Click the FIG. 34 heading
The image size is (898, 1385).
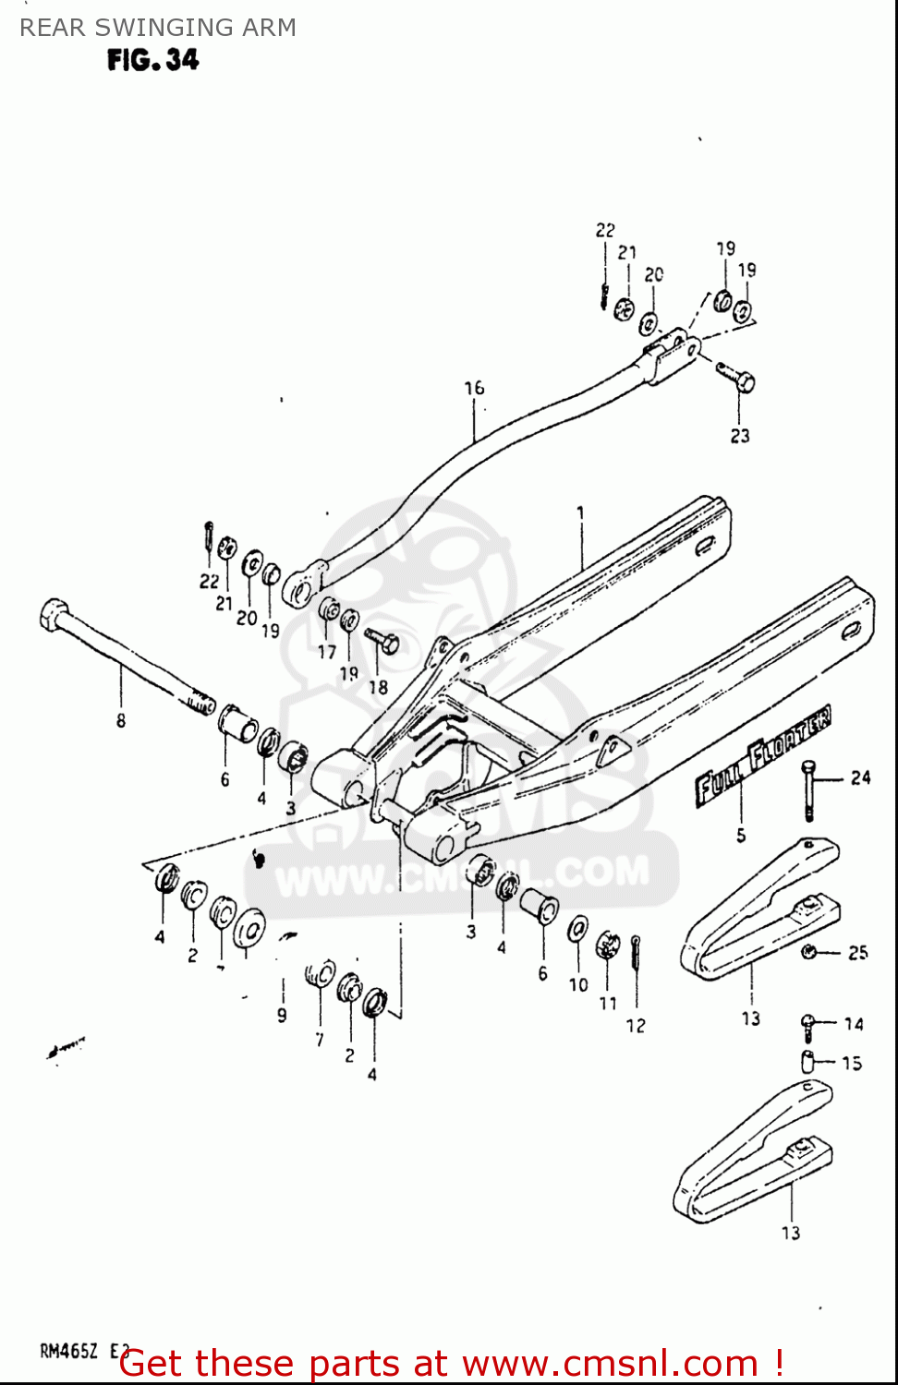pyautogui.click(x=152, y=60)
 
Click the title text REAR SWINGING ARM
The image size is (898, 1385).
pyautogui.click(x=158, y=28)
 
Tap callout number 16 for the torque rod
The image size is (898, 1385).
pyautogui.click(x=474, y=388)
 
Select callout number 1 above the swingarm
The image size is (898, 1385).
pyautogui.click(x=580, y=512)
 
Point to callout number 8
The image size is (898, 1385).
pyautogui.click(x=121, y=720)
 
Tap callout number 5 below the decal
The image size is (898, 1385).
pyautogui.click(x=741, y=836)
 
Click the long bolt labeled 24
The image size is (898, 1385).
pyautogui.click(x=809, y=790)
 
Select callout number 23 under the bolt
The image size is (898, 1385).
pyautogui.click(x=740, y=436)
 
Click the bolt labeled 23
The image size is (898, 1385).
pyautogui.click(x=736, y=376)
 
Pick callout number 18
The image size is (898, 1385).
pyautogui.click(x=378, y=687)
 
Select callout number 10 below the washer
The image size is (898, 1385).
pyautogui.click(x=578, y=985)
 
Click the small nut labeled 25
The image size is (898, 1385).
pyautogui.click(x=809, y=952)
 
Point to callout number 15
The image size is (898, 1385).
pyautogui.click(x=852, y=1063)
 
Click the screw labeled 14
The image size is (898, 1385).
pyautogui.click(x=808, y=1022)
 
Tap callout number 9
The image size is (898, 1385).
pyautogui.click(x=282, y=1015)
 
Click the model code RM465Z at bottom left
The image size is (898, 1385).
pyautogui.click(x=68, y=1352)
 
